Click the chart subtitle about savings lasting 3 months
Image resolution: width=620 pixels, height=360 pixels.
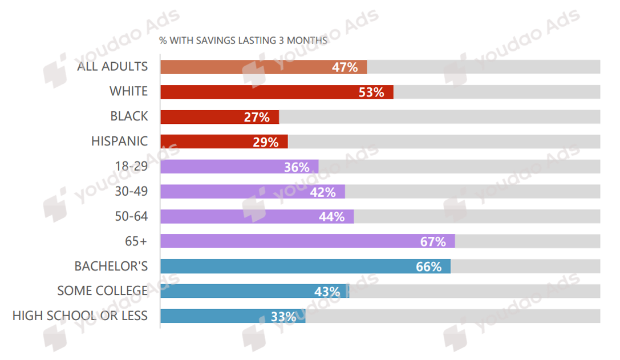[x=243, y=41]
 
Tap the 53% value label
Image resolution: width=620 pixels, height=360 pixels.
[x=371, y=92]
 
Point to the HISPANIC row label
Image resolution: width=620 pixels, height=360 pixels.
[x=119, y=141]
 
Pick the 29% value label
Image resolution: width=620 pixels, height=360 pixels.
[x=265, y=142]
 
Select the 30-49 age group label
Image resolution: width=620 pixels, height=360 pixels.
[x=131, y=191]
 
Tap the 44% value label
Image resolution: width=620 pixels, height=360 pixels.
[x=331, y=217]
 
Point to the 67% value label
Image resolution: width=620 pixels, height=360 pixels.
[x=433, y=242]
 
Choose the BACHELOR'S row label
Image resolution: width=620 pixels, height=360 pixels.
[x=111, y=266]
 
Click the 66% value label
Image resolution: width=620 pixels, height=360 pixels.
[x=428, y=266]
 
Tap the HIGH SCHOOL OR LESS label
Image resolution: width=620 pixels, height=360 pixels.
[x=80, y=315]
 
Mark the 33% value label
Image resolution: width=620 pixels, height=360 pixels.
[x=283, y=317]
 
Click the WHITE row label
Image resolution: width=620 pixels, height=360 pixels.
[x=128, y=91]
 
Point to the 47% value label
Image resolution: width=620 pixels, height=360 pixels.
[x=345, y=67]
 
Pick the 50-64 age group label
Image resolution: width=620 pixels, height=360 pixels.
[x=131, y=216]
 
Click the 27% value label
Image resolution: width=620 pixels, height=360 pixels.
[x=257, y=118]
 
